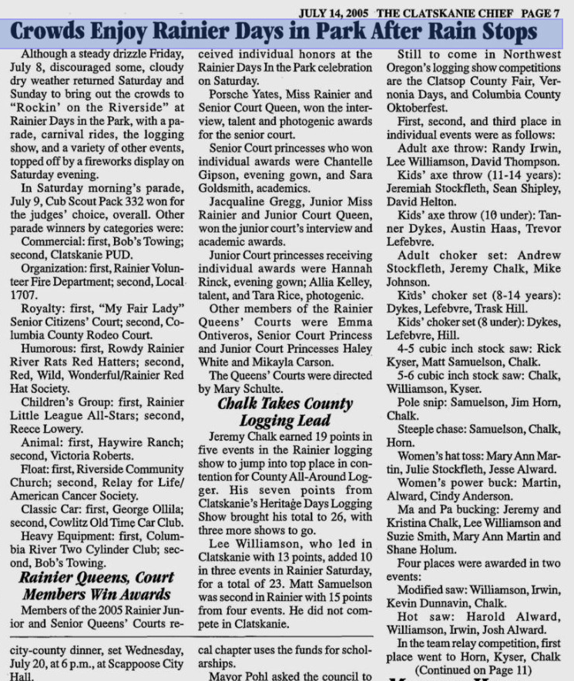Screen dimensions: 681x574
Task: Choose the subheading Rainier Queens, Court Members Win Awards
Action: (96, 585)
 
